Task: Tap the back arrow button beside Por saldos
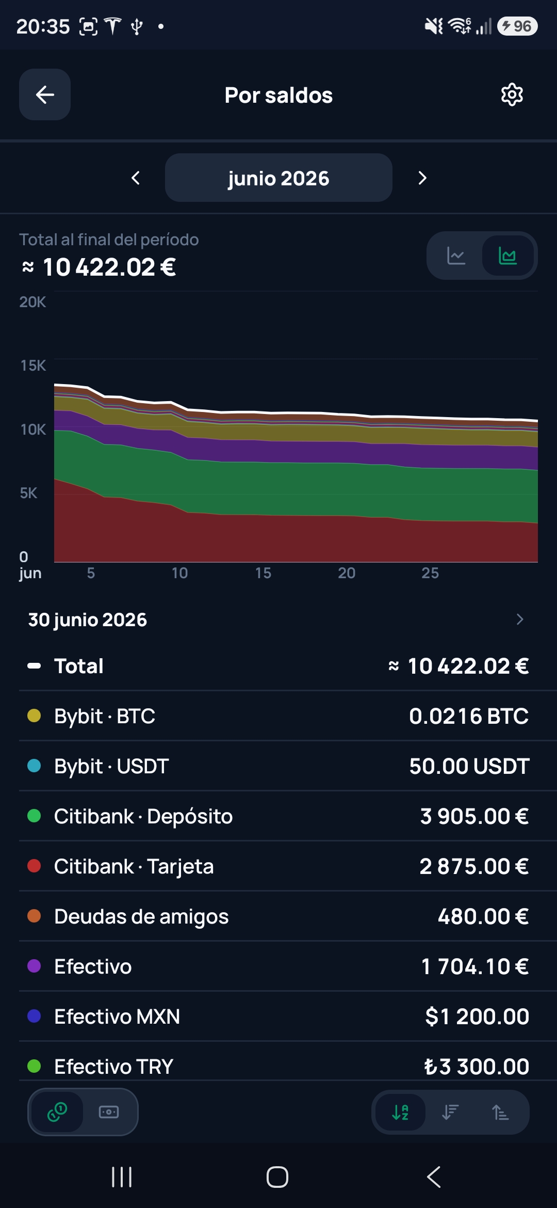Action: coord(45,94)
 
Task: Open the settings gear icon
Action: coord(512,94)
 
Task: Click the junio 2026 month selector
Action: coord(278,178)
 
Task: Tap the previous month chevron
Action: coord(136,178)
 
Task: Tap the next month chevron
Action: coord(422,178)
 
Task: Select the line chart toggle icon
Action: coord(456,256)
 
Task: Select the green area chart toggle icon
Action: coord(508,256)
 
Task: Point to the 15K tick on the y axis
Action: coord(33,365)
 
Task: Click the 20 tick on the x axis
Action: coord(347,573)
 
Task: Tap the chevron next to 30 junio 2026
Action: coord(520,619)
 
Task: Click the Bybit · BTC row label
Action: coord(105,716)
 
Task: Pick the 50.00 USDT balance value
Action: coord(469,766)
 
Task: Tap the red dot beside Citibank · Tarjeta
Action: coord(34,866)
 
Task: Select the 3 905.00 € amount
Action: coord(474,816)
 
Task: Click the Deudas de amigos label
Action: coord(141,916)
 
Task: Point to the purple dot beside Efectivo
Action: coord(34,966)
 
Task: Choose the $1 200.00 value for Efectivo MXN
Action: coord(477,1016)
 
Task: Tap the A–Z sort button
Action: coord(400,1112)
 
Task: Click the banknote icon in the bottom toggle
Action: coord(109,1112)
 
